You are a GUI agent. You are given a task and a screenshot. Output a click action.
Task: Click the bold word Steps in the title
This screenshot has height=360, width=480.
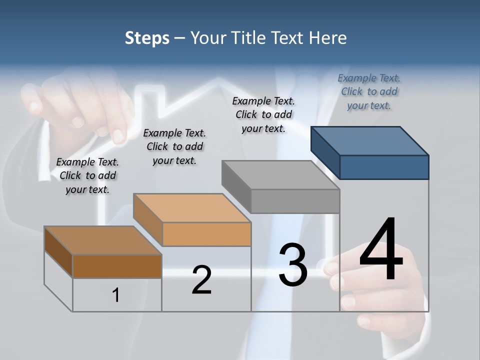click(147, 38)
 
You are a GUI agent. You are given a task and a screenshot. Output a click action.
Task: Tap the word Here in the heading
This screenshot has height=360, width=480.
click(329, 38)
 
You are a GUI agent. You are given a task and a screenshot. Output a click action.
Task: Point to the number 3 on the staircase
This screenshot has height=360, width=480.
click(293, 265)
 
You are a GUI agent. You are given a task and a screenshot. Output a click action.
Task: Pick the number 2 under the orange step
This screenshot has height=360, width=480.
click(201, 280)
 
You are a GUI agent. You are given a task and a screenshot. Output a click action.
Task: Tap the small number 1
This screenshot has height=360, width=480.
click(116, 295)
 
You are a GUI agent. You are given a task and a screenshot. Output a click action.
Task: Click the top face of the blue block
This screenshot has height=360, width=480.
click(370, 140)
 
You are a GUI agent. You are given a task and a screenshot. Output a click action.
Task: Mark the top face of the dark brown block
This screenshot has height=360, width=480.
click(103, 240)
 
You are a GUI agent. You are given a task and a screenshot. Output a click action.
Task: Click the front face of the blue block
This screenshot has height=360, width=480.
click(384, 167)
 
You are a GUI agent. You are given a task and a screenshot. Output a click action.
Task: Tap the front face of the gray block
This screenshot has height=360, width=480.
click(295, 201)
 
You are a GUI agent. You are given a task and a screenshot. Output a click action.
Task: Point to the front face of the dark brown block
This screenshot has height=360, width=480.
click(117, 266)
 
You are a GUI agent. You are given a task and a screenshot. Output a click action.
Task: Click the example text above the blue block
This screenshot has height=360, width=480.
click(369, 91)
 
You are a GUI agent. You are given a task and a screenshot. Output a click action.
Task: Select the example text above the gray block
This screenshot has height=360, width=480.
click(263, 114)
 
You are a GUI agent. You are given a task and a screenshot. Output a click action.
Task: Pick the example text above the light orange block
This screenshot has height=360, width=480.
click(174, 146)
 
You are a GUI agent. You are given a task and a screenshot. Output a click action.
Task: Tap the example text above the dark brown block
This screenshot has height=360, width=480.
click(87, 175)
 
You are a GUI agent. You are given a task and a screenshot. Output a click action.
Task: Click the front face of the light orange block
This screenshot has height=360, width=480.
click(206, 234)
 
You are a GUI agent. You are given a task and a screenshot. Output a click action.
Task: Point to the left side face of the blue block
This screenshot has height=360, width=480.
click(325, 152)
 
